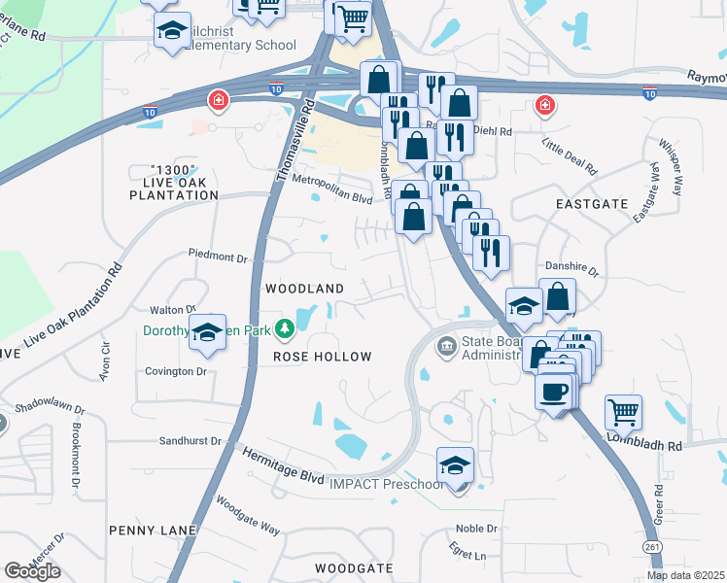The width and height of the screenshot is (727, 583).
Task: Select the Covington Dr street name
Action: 176,371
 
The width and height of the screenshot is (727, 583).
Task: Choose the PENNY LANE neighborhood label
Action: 153,531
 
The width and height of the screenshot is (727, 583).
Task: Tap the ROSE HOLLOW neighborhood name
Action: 322,357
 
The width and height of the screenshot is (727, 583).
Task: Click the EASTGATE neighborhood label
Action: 588,204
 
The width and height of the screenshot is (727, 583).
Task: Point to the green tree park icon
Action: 286,330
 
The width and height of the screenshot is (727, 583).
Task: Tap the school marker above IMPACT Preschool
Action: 455,465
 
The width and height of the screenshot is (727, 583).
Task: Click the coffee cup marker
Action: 554,392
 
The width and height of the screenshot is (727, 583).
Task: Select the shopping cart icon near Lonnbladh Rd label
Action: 623,411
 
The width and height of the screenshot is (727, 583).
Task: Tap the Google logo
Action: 32,571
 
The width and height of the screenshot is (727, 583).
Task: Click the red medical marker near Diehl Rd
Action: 545,104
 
